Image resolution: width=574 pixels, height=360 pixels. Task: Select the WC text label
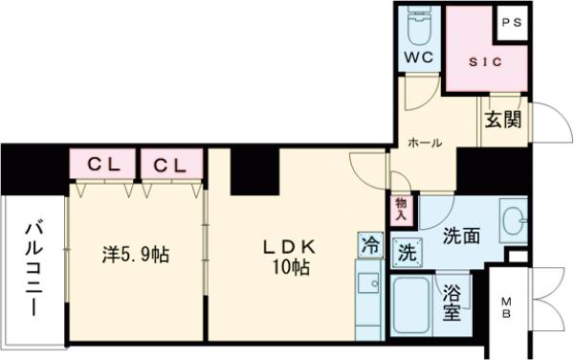coord(419,57)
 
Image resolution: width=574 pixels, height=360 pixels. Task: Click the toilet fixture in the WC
coord(419,27)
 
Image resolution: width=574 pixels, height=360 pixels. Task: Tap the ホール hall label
coord(425,143)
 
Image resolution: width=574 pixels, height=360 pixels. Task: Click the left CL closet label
coord(101,164)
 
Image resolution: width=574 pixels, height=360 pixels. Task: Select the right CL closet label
coord(169,164)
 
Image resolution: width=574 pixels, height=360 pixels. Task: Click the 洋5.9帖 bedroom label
coord(136,256)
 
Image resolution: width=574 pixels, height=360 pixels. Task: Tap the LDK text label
coord(289,246)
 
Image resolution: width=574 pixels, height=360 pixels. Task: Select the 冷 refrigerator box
coord(369,245)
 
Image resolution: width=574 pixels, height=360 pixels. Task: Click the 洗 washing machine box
coord(405,254)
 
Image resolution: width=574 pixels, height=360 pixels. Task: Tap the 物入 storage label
coord(402,209)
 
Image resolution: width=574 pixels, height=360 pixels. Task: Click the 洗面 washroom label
coord(461,233)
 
